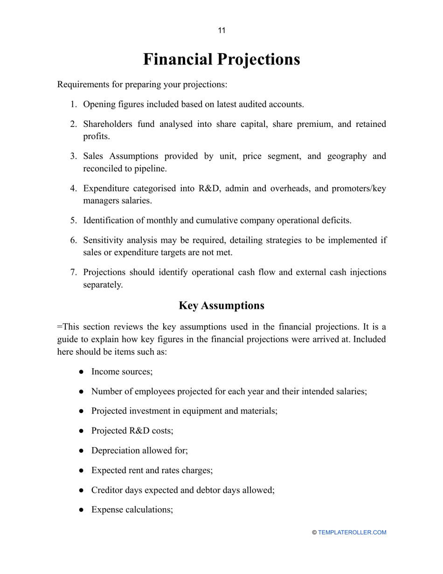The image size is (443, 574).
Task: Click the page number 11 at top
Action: (x=221, y=31)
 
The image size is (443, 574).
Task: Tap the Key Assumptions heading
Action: (x=221, y=306)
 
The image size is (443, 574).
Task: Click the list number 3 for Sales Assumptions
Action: (x=73, y=156)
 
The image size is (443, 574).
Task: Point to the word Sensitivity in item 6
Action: (x=105, y=240)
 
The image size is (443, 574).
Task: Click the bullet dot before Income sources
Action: (x=81, y=372)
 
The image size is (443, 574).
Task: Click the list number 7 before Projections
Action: (x=73, y=273)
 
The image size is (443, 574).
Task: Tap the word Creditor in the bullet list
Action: (x=107, y=490)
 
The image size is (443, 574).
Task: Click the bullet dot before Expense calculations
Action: (x=81, y=510)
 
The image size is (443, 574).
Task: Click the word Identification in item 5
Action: (x=107, y=220)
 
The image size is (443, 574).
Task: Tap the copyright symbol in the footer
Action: (x=314, y=532)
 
